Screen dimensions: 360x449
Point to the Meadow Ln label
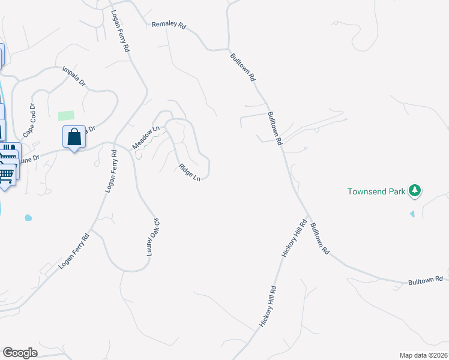pyautogui.click(x=146, y=137)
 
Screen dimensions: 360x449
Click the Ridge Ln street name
pyautogui.click(x=188, y=172)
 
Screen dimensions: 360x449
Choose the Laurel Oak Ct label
pyautogui.click(x=154, y=236)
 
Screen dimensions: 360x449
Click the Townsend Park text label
pyautogui.click(x=376, y=192)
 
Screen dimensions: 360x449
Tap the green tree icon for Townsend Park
pyautogui.click(x=414, y=191)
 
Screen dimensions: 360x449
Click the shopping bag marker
pyautogui.click(x=74, y=137)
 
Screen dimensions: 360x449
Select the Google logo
pyautogui.click(x=20, y=353)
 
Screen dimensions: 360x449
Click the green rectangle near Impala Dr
pyautogui.click(x=66, y=115)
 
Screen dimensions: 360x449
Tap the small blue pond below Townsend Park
pyautogui.click(x=412, y=214)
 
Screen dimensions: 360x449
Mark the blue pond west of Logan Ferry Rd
pyautogui.click(x=27, y=218)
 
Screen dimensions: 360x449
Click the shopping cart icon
pyautogui.click(x=6, y=175)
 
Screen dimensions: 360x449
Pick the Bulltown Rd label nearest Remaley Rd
pyautogui.click(x=244, y=68)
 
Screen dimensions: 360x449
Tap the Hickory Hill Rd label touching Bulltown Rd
pyautogui.click(x=295, y=238)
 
